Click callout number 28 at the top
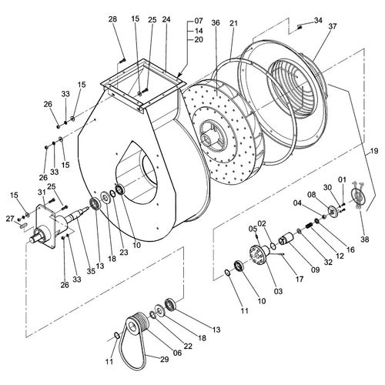click(x=113, y=18)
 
